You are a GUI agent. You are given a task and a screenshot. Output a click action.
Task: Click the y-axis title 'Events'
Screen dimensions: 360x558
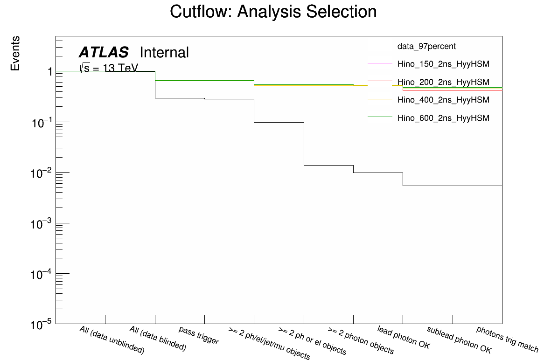tap(15, 53)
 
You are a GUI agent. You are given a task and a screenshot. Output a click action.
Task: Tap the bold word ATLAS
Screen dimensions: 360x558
tap(103, 53)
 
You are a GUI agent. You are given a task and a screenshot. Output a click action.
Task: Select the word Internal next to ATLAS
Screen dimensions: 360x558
tap(164, 53)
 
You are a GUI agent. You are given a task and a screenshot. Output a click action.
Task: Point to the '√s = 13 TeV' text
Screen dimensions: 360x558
tap(109, 68)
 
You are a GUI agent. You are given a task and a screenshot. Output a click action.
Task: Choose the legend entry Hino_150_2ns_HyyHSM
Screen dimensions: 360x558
tap(443, 64)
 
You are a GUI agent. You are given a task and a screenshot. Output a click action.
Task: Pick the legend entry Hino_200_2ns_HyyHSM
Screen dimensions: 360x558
tap(443, 82)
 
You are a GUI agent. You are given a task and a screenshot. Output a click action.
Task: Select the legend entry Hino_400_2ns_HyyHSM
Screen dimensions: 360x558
tap(443, 100)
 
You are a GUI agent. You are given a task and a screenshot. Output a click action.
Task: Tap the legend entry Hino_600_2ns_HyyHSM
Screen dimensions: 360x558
tap(443, 118)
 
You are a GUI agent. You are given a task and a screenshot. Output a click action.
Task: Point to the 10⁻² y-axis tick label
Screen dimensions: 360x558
tap(42, 173)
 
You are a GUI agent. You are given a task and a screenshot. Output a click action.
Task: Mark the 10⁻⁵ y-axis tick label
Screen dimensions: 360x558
tap(42, 325)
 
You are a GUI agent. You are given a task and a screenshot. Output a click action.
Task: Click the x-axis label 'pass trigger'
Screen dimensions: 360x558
tap(199, 335)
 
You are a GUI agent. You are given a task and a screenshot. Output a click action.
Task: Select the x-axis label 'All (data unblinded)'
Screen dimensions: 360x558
tap(112, 340)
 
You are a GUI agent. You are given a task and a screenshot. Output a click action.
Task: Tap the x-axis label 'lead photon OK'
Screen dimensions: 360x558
tap(404, 338)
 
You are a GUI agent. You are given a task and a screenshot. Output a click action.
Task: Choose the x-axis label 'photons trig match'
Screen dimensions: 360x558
tap(507, 339)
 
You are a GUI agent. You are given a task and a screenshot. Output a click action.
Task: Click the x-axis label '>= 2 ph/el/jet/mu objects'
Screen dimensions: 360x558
tap(269, 343)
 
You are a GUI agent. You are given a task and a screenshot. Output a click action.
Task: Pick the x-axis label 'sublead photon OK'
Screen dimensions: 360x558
tap(459, 339)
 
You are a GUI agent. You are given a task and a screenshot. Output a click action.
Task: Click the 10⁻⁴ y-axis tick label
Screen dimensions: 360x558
tap(42, 274)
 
